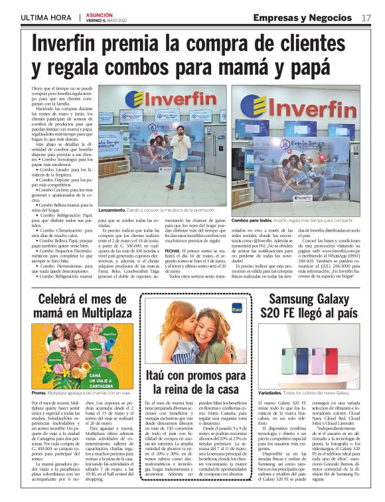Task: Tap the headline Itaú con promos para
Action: (191, 376)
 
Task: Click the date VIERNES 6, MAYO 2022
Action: (112, 21)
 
